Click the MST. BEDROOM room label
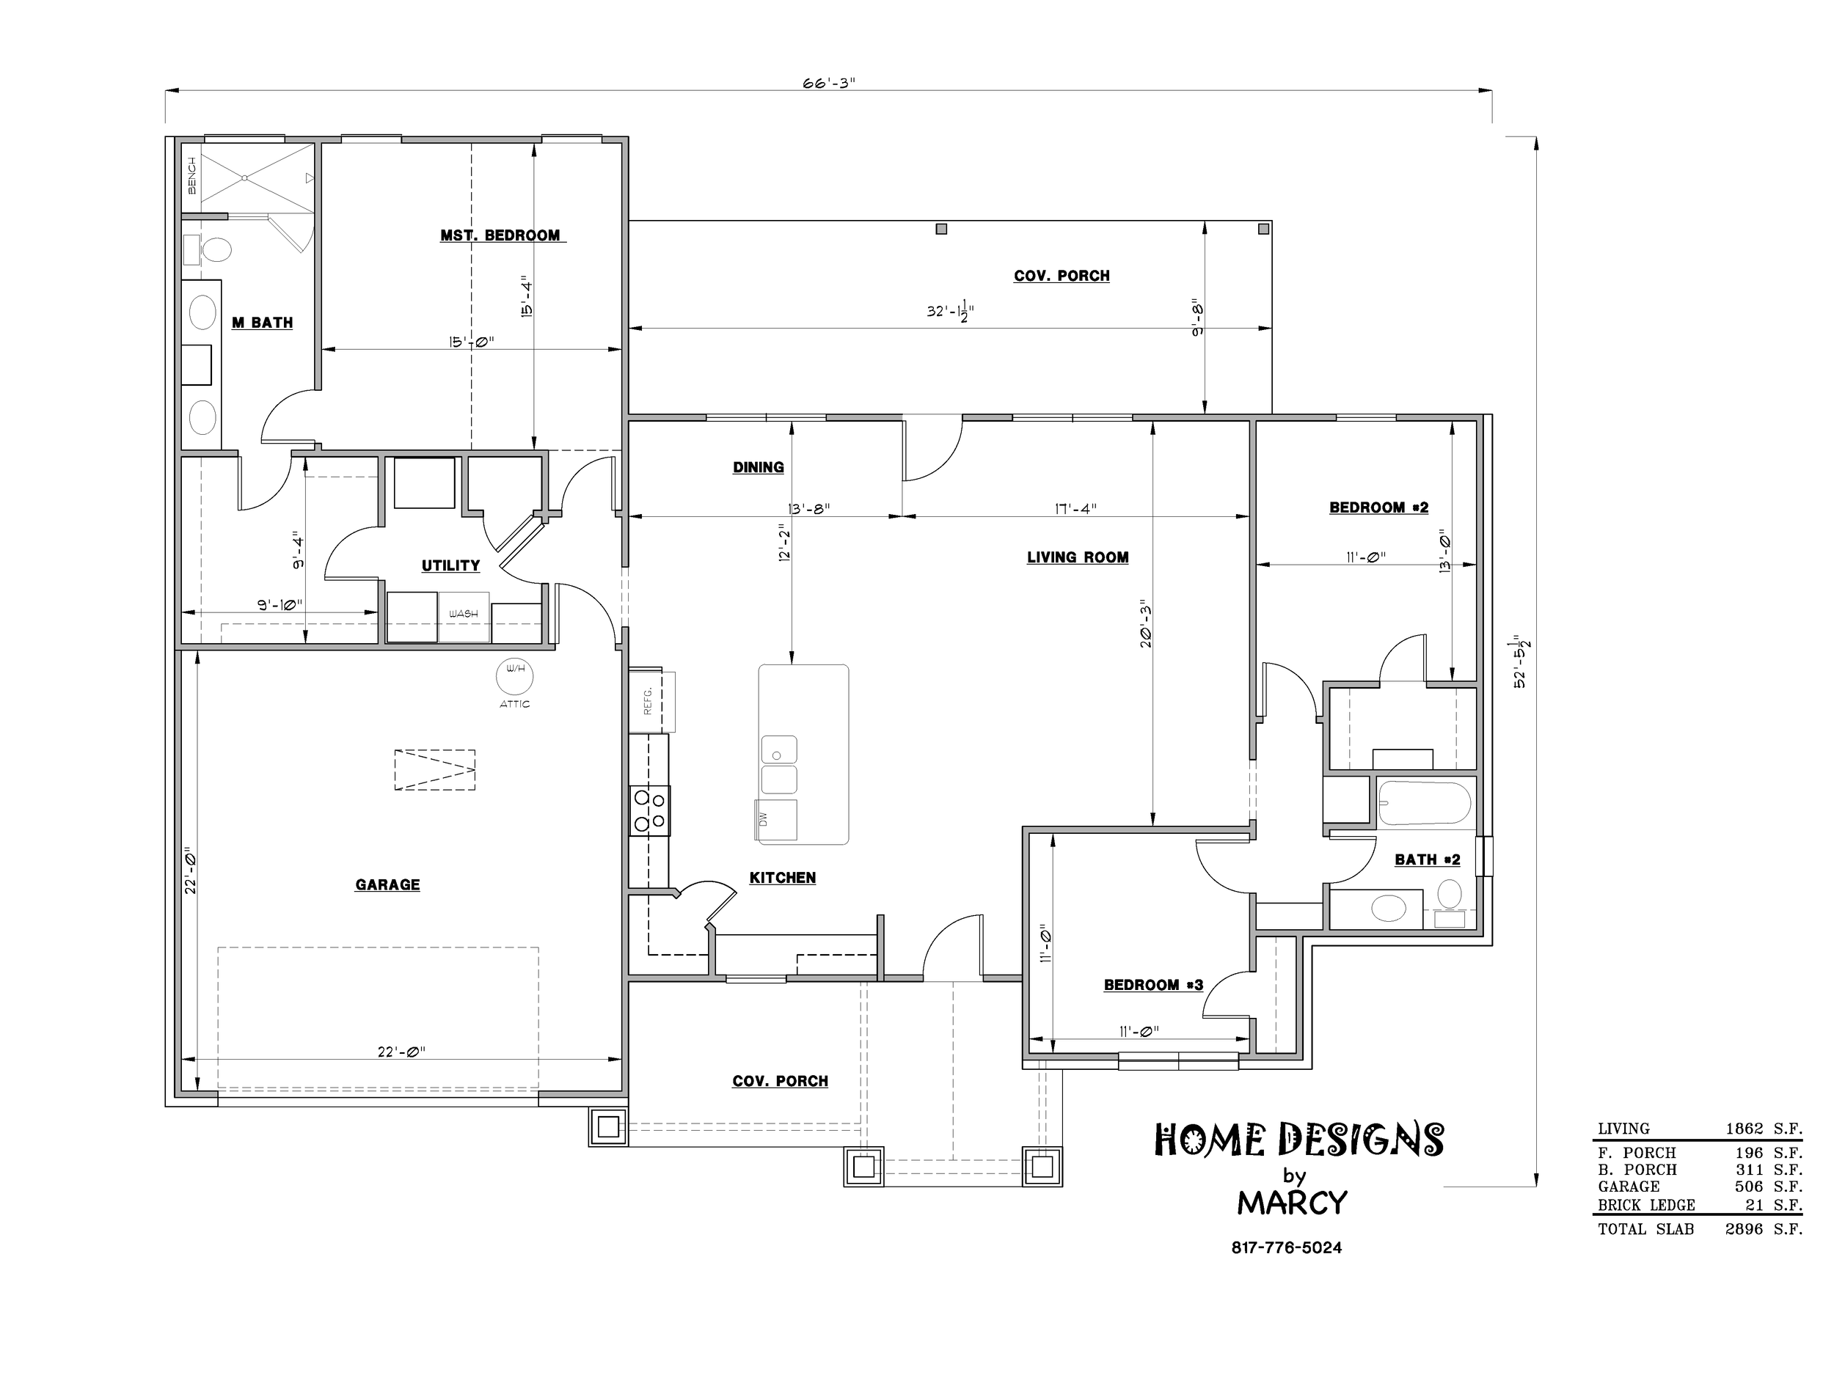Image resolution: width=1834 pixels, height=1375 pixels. (x=500, y=235)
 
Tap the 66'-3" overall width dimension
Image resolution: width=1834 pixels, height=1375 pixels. (x=828, y=83)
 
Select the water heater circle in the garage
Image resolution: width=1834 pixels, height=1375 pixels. (x=514, y=677)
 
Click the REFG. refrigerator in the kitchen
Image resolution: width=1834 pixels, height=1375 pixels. (x=651, y=700)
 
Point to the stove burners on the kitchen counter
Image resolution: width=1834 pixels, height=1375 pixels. (x=649, y=810)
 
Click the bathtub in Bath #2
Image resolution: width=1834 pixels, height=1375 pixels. (x=1425, y=803)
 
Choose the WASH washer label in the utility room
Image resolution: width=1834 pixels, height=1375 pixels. (x=464, y=614)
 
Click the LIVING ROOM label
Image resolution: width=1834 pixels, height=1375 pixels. (x=1078, y=558)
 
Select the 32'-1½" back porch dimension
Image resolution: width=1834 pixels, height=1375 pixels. (x=950, y=312)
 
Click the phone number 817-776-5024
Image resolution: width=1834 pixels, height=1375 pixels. (x=1286, y=1247)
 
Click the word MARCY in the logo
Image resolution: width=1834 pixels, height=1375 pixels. (x=1292, y=1203)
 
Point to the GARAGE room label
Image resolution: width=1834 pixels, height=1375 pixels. (x=387, y=885)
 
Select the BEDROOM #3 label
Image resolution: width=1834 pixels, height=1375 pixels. (x=1153, y=986)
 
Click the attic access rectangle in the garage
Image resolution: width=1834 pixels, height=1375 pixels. (x=434, y=770)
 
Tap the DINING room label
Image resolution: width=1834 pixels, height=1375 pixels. (x=758, y=467)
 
